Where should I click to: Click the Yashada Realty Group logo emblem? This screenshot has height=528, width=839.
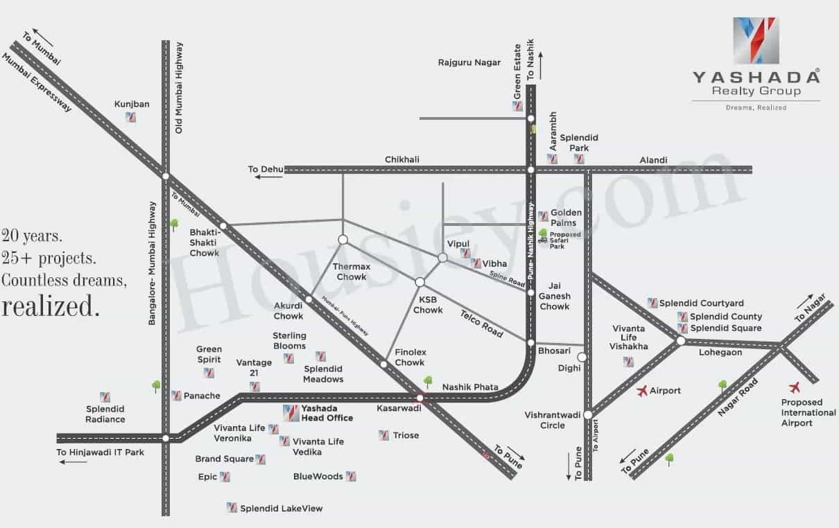click(x=756, y=40)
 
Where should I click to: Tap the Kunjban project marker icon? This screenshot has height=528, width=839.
click(x=131, y=117)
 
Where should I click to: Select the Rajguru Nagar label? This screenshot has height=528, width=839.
click(x=469, y=62)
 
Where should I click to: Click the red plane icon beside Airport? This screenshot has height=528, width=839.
click(x=642, y=391)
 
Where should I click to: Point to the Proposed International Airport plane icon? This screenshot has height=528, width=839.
click(x=794, y=387)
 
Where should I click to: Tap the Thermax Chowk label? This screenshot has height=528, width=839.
click(x=352, y=272)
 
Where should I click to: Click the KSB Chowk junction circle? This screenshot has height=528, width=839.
click(x=420, y=282)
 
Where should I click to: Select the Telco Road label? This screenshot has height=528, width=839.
click(x=482, y=324)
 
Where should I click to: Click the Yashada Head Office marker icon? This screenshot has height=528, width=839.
click(x=291, y=413)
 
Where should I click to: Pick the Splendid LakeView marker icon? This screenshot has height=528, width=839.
click(x=232, y=507)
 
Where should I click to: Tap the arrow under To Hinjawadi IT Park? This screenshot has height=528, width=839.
click(x=73, y=462)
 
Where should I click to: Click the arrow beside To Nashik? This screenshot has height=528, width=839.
click(x=540, y=66)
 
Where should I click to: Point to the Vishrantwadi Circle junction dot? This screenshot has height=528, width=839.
click(x=588, y=414)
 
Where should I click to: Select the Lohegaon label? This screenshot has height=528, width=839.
click(x=720, y=353)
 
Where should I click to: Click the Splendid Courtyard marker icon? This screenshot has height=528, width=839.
click(x=652, y=303)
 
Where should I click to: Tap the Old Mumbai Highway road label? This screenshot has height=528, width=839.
click(x=179, y=87)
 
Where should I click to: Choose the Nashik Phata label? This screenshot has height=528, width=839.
click(x=470, y=387)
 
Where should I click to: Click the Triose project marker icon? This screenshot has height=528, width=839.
click(x=383, y=435)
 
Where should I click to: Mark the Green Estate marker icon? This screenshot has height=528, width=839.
click(x=517, y=106)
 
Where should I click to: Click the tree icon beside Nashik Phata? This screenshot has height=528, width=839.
click(x=428, y=382)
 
